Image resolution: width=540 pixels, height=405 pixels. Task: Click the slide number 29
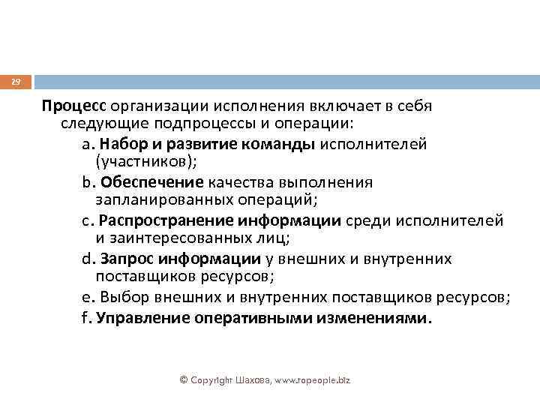coord(16,81)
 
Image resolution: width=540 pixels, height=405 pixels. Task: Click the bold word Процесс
coord(75,106)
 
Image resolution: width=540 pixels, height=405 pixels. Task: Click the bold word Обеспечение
coord(152,181)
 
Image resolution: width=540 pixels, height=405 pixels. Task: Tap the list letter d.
coord(85,259)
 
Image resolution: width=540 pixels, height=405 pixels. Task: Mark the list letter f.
coord(84,318)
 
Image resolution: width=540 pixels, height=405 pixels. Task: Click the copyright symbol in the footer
coord(184,381)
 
